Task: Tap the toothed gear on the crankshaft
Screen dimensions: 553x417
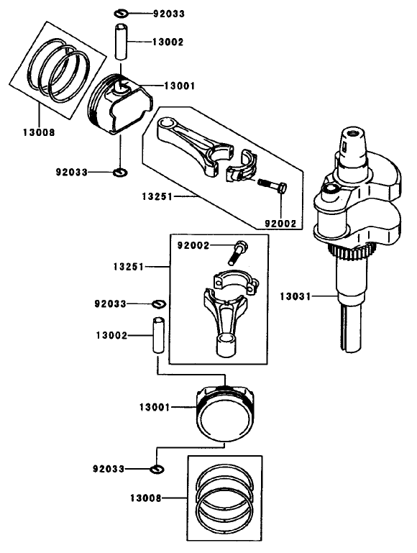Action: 352,253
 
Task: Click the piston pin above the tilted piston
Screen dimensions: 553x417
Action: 122,42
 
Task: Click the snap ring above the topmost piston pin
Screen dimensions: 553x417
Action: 122,14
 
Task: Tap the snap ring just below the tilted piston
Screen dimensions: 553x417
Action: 120,172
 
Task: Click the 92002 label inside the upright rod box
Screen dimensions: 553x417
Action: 193,245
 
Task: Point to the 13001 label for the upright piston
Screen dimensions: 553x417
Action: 155,407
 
